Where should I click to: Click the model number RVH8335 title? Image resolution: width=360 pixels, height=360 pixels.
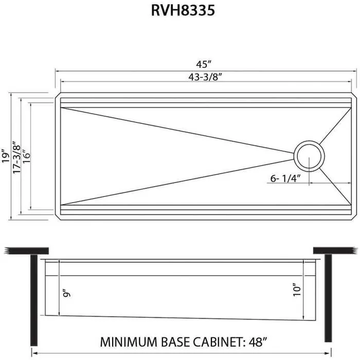click(x=179, y=11)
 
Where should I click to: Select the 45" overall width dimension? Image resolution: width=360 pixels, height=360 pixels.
click(x=204, y=64)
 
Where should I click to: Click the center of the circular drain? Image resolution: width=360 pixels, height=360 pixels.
click(x=309, y=154)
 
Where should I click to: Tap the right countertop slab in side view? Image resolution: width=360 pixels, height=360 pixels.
click(x=335, y=250)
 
